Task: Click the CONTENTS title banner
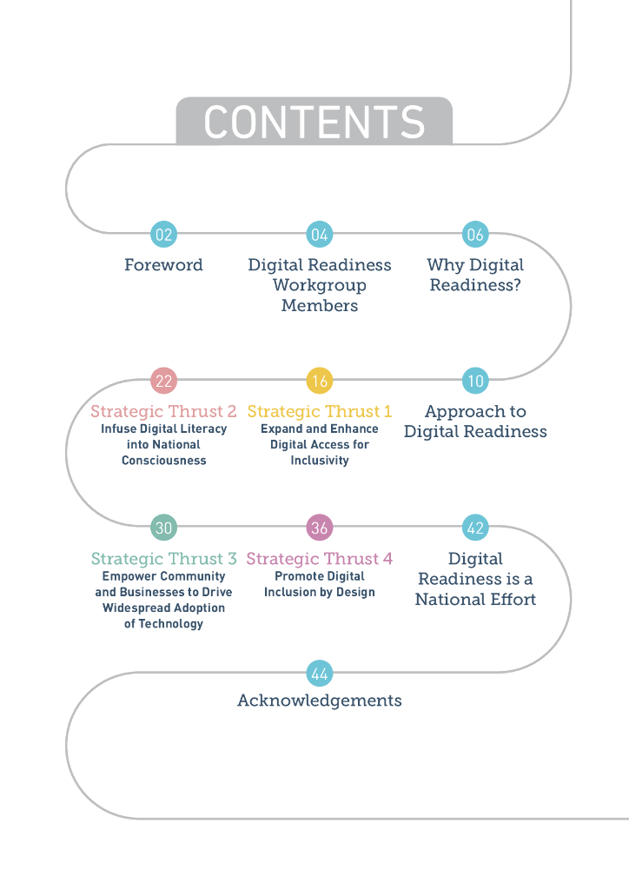coord(314,121)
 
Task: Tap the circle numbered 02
coord(163,234)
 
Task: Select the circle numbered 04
coord(320,234)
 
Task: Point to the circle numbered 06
coord(475,234)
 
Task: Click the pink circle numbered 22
coord(163,381)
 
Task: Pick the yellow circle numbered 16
coord(320,381)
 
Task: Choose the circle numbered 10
coord(475,381)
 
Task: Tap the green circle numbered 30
coord(163,528)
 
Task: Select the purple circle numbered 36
coord(320,528)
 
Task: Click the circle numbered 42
coord(475,528)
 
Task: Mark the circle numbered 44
coord(320,674)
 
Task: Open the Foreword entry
coord(163,265)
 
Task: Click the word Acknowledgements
coord(320,701)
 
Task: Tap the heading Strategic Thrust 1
coord(320,411)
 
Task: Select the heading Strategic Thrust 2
coord(163,411)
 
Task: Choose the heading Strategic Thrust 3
coord(163,558)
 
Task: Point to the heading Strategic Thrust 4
coord(320,558)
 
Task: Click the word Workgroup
coord(320,285)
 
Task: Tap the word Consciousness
coord(163,460)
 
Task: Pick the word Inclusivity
coord(320,460)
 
